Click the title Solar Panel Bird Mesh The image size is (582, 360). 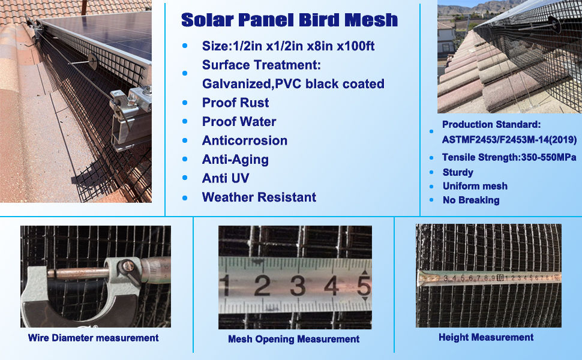coord(289,20)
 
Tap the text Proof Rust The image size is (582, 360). coord(235,103)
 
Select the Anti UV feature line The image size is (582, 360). coord(225,178)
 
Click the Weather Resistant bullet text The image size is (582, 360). coord(259,197)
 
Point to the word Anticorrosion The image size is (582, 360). coord(244,140)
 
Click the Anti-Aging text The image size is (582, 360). coord(235,160)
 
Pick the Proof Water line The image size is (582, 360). coord(239,122)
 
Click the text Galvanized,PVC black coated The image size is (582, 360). coord(293,84)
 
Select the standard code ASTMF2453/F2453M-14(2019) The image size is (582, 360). coord(509,140)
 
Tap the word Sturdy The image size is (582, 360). coord(458,172)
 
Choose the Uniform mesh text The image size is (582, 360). coord(475,186)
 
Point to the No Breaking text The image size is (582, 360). coord(470,200)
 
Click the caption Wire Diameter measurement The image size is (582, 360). coord(93,338)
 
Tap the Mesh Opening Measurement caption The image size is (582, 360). coord(293,339)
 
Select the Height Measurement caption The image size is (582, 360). coord(486,337)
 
